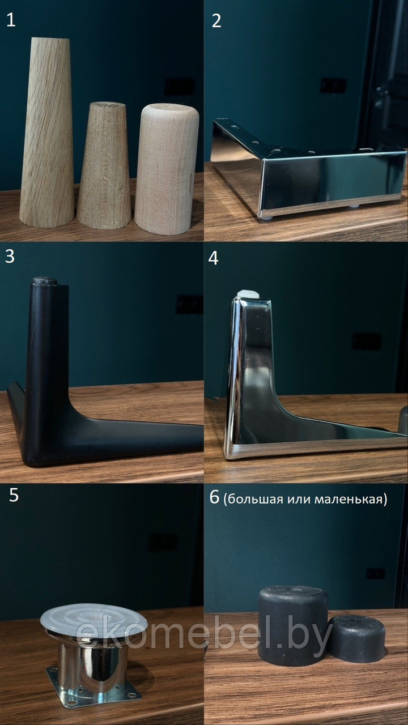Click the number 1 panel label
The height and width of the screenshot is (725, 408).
click(x=11, y=20)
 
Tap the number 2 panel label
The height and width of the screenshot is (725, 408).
click(x=216, y=21)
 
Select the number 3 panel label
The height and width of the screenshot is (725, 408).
click(x=10, y=257)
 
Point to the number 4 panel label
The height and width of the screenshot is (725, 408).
click(x=214, y=258)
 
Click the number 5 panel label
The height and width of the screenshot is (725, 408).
click(x=14, y=495)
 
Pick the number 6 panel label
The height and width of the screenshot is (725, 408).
click(x=214, y=497)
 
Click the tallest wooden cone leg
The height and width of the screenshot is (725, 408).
click(x=47, y=132)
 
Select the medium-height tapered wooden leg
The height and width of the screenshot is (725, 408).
click(x=104, y=166)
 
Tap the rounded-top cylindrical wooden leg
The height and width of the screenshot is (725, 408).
click(x=167, y=169)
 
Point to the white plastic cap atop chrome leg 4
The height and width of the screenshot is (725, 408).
click(x=248, y=295)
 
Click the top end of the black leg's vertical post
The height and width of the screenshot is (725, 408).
click(x=44, y=281)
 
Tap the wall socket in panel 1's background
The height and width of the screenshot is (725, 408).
click(x=180, y=87)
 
